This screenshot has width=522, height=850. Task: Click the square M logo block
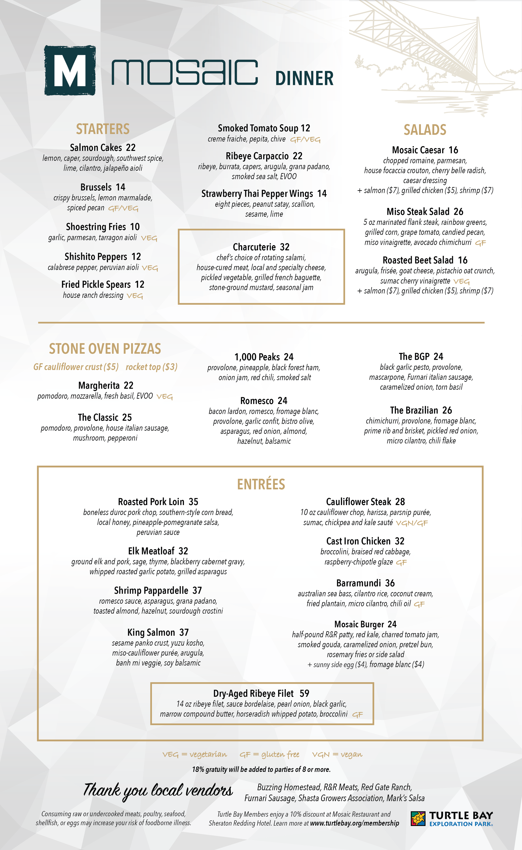(70, 70)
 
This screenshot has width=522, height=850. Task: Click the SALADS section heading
(425, 130)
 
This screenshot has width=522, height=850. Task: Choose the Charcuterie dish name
(254, 247)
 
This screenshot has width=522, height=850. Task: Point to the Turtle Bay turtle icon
(418, 818)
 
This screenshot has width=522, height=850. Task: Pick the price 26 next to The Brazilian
(447, 410)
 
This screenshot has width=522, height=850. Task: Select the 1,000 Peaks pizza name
(257, 357)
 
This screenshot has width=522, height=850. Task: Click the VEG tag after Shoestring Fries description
(149, 238)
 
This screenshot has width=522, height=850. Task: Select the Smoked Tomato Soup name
(257, 128)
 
